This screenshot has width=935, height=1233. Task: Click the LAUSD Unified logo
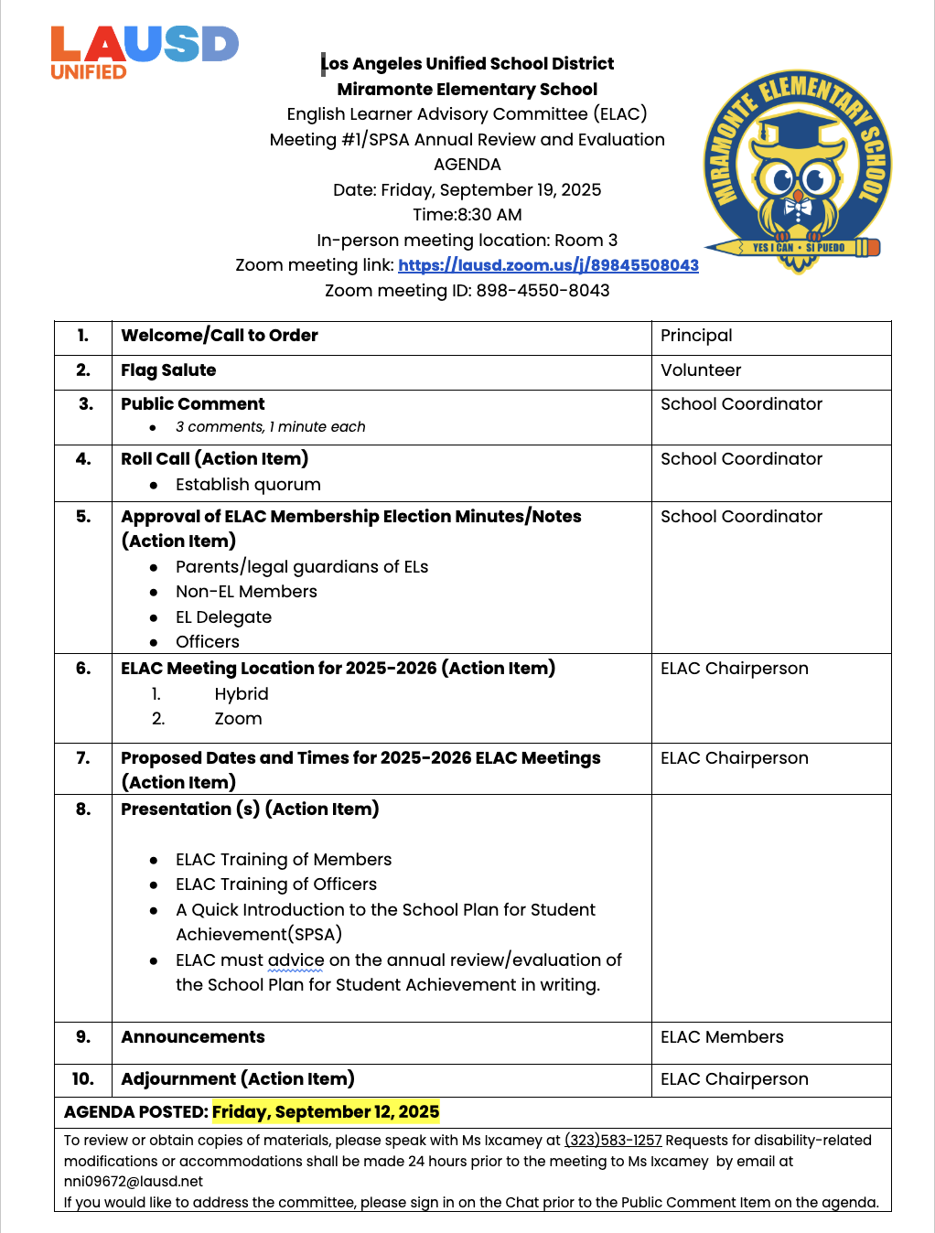click(144, 53)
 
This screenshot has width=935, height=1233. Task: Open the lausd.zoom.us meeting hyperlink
click(548, 265)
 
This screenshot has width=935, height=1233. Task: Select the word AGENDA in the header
click(467, 165)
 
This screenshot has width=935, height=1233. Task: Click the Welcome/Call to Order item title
click(220, 336)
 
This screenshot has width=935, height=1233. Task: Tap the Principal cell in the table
click(696, 336)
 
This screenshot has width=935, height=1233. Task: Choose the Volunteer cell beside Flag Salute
click(701, 370)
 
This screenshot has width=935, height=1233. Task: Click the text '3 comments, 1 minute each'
click(270, 427)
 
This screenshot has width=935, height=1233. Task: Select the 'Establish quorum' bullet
click(248, 485)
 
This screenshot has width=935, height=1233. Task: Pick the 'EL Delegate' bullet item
click(223, 617)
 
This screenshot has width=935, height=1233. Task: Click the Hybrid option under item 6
click(242, 694)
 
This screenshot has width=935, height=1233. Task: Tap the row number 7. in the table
click(83, 758)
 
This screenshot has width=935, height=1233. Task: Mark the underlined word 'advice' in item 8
click(296, 960)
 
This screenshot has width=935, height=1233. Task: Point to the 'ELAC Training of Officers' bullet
click(275, 885)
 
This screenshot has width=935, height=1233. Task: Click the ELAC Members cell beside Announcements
click(722, 1037)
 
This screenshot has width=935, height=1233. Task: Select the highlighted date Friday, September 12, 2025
click(326, 1112)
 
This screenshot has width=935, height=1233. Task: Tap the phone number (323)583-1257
click(613, 1141)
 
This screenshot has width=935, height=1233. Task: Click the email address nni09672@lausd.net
click(134, 1181)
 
